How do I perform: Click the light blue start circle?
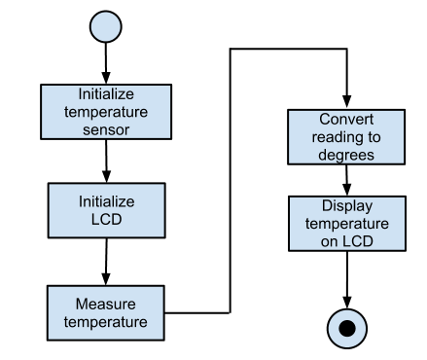click(x=106, y=26)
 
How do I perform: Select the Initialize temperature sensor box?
click(x=106, y=112)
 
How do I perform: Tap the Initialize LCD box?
click(x=106, y=211)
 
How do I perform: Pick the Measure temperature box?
click(x=106, y=311)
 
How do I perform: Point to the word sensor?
click(x=106, y=128)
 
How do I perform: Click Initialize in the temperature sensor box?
click(x=106, y=94)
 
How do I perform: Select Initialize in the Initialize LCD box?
click(x=106, y=202)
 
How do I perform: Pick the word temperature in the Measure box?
click(x=106, y=321)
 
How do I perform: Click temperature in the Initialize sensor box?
click(x=106, y=111)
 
